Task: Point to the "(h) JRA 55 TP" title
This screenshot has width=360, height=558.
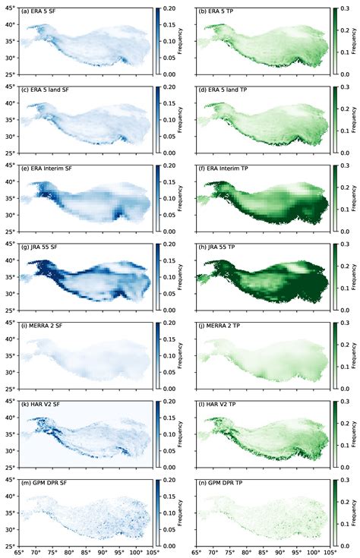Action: [219, 247]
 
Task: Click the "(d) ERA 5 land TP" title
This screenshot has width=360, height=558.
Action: [226, 90]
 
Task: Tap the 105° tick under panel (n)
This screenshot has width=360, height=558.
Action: [327, 552]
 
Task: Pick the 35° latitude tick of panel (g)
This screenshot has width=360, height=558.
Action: [11, 281]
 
